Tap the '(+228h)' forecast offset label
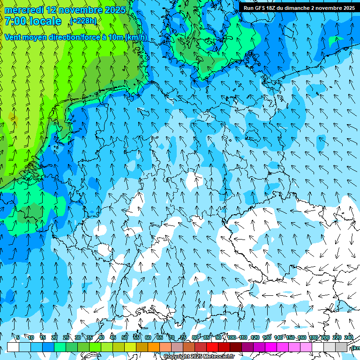click(83, 21)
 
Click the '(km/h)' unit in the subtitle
click(136, 37)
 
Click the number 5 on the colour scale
click(18, 337)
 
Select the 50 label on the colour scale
click(125, 337)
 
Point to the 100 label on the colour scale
click(231, 337)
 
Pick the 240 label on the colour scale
click(348, 337)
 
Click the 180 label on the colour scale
click(313, 337)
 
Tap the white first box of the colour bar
click(13, 347)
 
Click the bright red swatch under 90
click(212, 347)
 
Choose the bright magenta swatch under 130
click(271, 347)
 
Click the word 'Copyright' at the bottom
click(176, 357)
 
